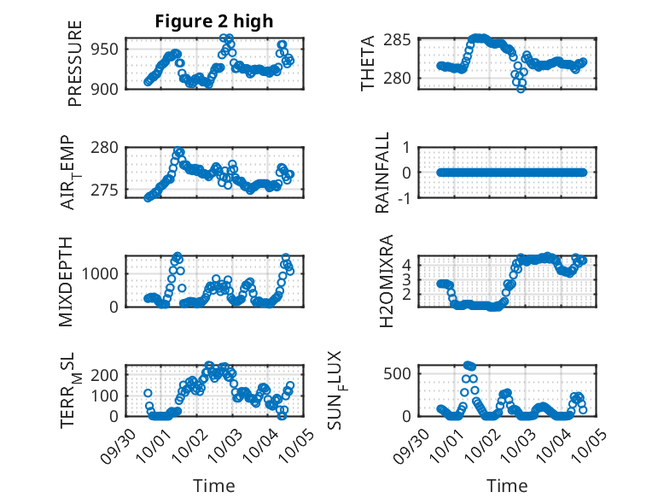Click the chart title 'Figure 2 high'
(x=214, y=21)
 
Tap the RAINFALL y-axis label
(x=382, y=173)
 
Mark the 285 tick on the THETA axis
(x=403, y=40)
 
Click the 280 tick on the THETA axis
(x=403, y=78)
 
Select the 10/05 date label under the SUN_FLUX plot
(x=585, y=444)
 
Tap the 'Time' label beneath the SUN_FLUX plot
(x=507, y=486)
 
